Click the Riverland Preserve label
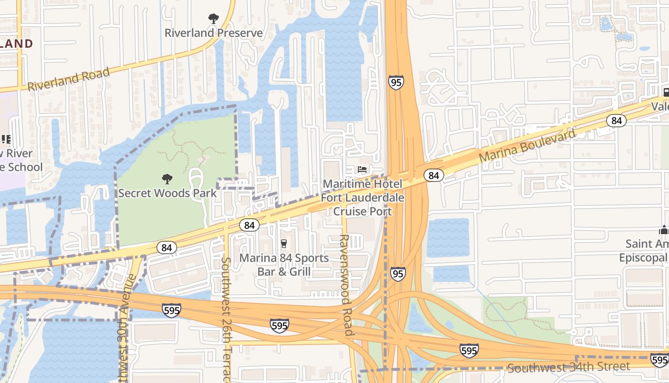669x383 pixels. click(214, 33)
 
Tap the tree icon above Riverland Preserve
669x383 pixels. click(214, 19)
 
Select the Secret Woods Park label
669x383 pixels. click(167, 193)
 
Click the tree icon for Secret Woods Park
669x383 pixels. click(167, 179)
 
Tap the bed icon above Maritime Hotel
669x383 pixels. click(363, 169)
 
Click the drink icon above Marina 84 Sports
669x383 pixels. click(283, 244)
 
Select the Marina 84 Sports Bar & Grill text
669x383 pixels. click(284, 265)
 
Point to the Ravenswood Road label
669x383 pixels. click(346, 285)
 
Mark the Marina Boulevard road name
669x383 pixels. click(528, 146)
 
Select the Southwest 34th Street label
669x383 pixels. click(568, 367)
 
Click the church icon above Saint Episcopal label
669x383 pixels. click(664, 230)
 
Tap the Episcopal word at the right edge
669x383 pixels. click(643, 258)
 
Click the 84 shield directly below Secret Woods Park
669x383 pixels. click(166, 248)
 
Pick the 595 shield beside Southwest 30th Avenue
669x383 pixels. click(172, 310)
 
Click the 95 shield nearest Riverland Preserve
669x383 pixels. click(396, 83)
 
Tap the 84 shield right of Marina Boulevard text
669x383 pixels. click(616, 121)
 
